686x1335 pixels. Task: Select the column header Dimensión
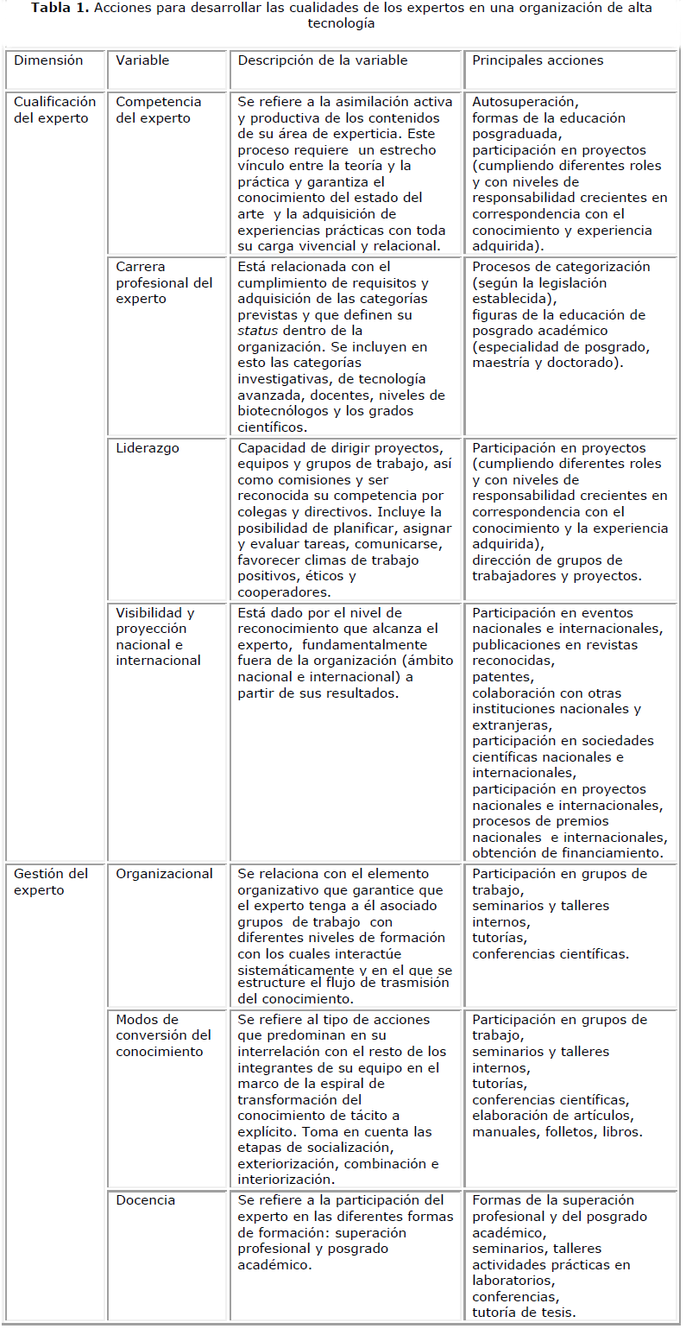click(48, 60)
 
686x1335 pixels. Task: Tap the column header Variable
click(142, 60)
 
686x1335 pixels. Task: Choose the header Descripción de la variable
click(322, 60)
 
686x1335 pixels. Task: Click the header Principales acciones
click(538, 60)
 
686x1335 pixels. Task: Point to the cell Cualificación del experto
click(54, 110)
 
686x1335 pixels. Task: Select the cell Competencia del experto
click(158, 110)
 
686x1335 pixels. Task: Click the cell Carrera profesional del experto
click(164, 282)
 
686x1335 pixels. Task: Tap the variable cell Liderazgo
click(148, 447)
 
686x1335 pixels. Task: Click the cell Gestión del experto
click(51, 882)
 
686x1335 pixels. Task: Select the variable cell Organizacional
click(164, 873)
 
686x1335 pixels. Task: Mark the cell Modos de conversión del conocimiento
click(163, 1035)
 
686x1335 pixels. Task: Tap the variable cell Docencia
click(145, 1199)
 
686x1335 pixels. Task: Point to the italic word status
click(256, 331)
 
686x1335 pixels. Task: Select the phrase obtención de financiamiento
click(567, 853)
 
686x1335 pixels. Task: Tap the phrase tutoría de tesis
click(524, 1313)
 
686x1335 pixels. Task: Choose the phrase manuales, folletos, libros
click(557, 1131)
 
